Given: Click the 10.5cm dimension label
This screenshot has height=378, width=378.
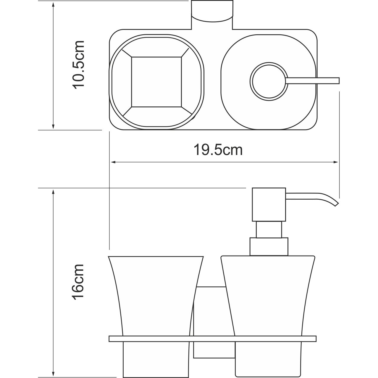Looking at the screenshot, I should (x=78, y=64).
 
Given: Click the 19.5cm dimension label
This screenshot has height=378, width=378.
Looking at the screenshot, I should (x=218, y=150).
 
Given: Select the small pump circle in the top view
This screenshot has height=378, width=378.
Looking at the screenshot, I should (x=268, y=81).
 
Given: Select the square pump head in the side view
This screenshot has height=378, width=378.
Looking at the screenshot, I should (x=269, y=204).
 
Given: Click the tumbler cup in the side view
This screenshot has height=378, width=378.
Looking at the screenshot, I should (x=156, y=296).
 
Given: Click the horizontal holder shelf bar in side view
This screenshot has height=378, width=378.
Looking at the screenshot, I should (x=212, y=339).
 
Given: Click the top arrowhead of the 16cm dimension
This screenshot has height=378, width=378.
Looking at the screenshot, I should (x=53, y=191).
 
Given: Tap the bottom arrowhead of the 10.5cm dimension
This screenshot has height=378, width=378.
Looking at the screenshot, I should (x=53, y=127).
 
